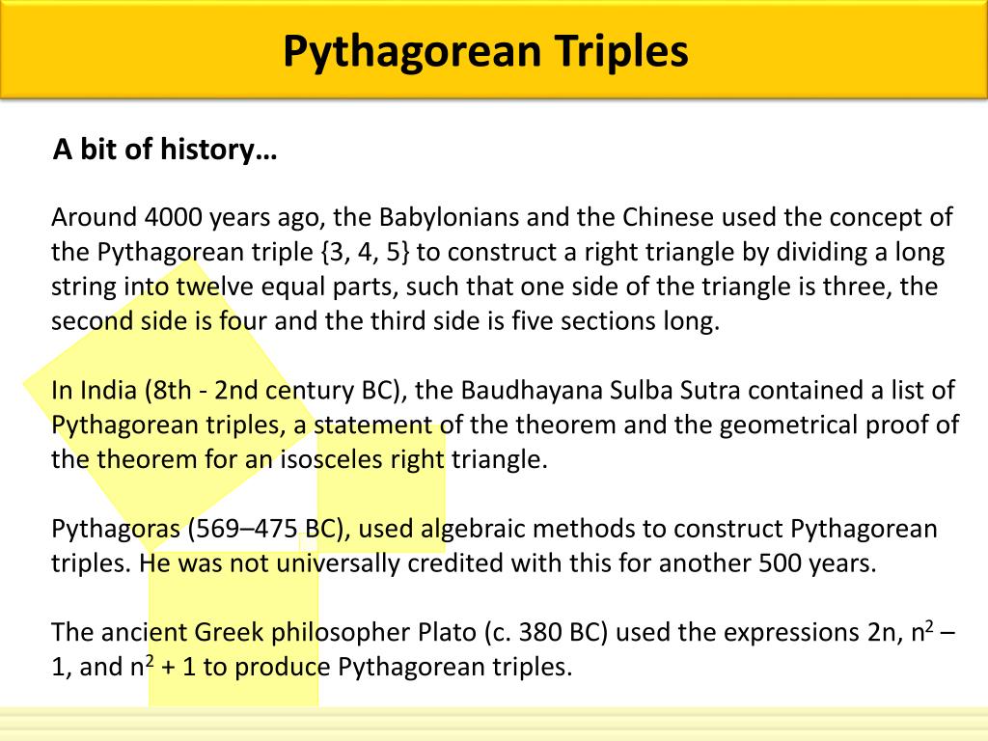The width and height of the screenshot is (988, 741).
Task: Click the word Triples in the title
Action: point(621,50)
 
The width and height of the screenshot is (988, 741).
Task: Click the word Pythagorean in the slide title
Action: point(412,50)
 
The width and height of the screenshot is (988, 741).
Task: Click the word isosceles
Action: point(331,459)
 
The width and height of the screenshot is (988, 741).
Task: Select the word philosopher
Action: point(337,633)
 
